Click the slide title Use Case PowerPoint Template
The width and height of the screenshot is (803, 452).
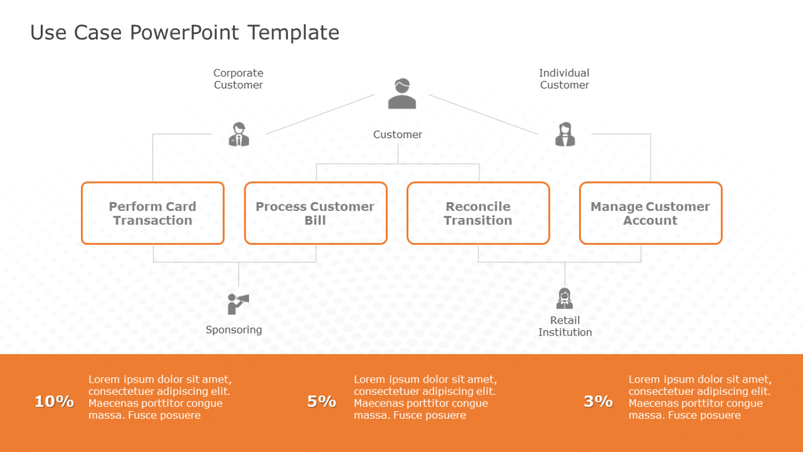[184, 33]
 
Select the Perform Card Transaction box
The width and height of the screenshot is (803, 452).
[152, 213]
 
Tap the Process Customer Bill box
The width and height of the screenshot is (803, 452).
[315, 213]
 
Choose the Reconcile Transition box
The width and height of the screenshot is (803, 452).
[478, 213]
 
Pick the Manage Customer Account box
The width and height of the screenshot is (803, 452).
[650, 213]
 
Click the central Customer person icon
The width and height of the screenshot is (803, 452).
[401, 94]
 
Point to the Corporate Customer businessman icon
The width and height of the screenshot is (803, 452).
[239, 135]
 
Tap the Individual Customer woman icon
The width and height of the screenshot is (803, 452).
[565, 135]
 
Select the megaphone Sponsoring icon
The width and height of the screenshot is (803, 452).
[237, 303]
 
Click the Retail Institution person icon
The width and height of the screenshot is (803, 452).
[564, 299]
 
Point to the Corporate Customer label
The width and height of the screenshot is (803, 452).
[238, 79]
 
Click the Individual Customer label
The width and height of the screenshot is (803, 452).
[564, 79]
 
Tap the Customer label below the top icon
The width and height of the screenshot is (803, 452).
[397, 135]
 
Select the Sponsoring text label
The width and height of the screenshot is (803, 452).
[233, 330]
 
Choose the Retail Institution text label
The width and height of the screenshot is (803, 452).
[565, 326]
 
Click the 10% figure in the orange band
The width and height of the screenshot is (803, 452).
[54, 402]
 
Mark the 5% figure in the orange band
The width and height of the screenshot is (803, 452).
[321, 402]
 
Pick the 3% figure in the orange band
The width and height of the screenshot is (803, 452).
[598, 402]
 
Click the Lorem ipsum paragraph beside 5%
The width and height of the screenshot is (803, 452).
[425, 398]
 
